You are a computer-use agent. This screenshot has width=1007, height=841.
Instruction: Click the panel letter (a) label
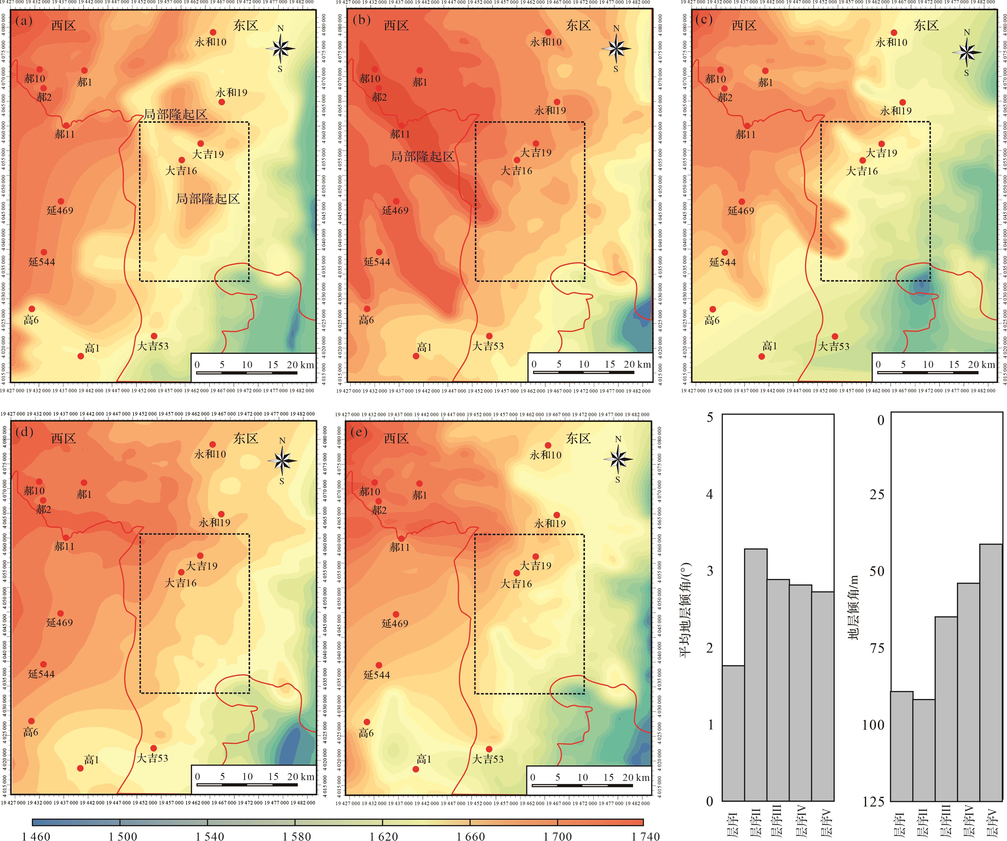tap(24, 21)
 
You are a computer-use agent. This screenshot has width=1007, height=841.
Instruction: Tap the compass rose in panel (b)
tap(617, 48)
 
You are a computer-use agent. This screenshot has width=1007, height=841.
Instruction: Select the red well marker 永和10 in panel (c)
tap(894, 32)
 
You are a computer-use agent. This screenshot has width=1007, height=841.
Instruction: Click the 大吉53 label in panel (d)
tap(153, 758)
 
